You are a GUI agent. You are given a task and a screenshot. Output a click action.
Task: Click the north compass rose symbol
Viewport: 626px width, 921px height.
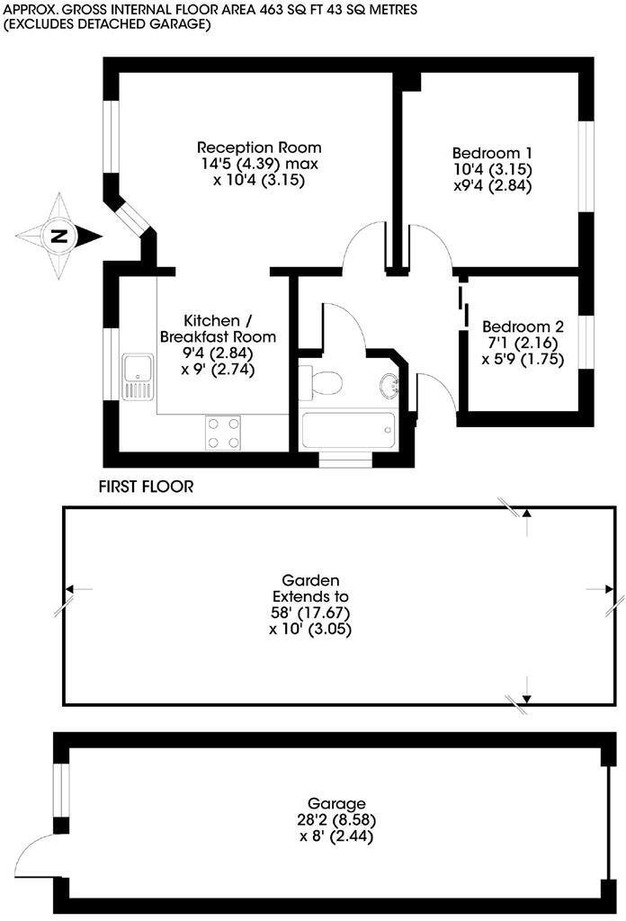(x=58, y=237)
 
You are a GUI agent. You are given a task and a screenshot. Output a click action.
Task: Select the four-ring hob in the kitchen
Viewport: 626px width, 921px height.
(x=224, y=433)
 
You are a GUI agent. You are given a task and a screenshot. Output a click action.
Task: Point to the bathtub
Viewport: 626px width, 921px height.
(x=347, y=433)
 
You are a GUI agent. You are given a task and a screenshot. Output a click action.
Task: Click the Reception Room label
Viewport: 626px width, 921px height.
(x=259, y=148)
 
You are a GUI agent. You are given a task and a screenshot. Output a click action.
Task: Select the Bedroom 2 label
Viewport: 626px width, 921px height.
(x=523, y=326)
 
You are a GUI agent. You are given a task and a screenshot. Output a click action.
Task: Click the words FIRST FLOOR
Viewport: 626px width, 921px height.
(x=146, y=487)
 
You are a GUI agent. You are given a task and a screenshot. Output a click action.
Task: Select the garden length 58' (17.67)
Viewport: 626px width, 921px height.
(x=310, y=613)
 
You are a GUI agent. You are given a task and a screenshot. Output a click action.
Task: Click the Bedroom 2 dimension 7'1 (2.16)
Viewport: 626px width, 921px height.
(x=523, y=343)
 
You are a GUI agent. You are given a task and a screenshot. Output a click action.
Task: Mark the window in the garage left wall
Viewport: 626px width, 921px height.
(x=60, y=791)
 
